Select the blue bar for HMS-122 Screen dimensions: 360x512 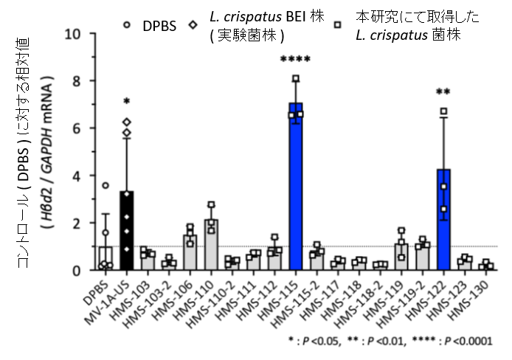pos(443,221)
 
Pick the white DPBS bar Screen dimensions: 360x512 pos(105,258)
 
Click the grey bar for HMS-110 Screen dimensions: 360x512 pos(210,247)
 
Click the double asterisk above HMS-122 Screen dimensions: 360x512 pos(443,93)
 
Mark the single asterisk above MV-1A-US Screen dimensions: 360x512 pos(126,102)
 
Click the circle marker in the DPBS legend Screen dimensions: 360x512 pos(127,24)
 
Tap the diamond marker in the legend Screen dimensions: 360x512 pos(193,24)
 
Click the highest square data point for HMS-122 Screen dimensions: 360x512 pos(443,111)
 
